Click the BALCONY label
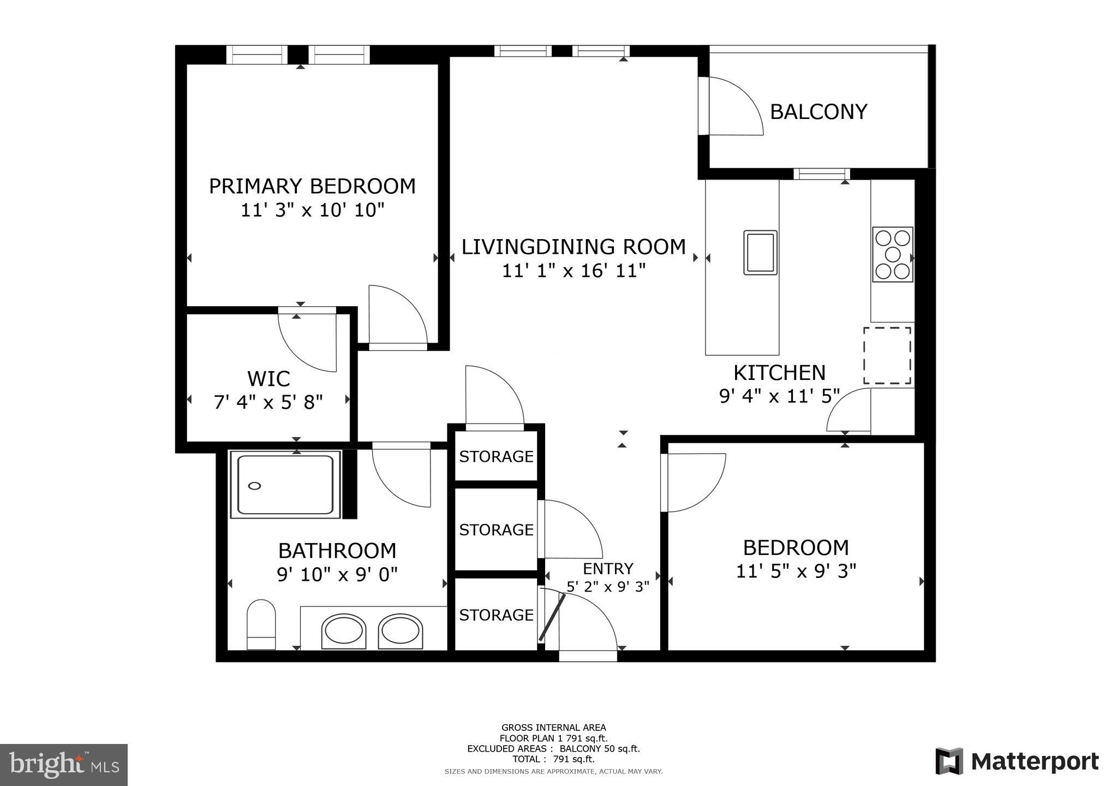tap(818, 112)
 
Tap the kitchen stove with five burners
tap(892, 254)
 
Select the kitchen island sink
tap(760, 253)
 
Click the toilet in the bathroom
tap(261, 625)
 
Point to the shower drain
tap(255, 486)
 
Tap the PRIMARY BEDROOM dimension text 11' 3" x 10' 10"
tap(313, 210)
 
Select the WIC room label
tap(268, 379)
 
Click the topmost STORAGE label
tap(496, 456)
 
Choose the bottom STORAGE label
tap(496, 615)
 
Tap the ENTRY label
tap(608, 569)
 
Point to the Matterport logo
tap(1018, 761)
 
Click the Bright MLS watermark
tap(64, 764)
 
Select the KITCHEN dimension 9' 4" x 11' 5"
tap(779, 396)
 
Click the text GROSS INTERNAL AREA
tap(553, 728)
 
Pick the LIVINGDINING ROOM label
tap(574, 247)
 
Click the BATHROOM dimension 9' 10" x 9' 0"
tap(337, 575)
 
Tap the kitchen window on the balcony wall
tap(821, 174)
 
